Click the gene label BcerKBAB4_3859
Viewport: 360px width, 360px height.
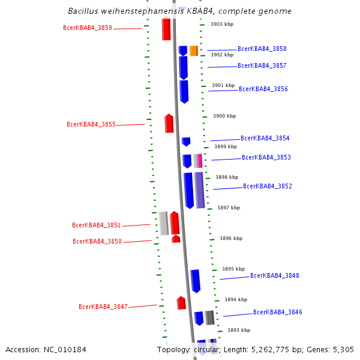[87, 28]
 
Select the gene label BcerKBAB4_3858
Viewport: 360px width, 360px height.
[262, 49]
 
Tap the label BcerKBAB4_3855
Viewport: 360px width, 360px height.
[91, 124]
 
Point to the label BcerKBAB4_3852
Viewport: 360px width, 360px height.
[267, 186]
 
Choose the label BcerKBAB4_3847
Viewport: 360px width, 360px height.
[103, 307]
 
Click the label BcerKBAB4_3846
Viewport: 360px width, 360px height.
[277, 312]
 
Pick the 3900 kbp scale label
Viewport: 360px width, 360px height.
[224, 116]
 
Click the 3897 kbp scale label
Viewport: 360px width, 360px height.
[229, 208]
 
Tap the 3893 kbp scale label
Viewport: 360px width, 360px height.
[238, 330]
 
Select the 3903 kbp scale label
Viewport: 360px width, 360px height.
[222, 24]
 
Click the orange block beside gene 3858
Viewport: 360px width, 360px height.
[193, 50]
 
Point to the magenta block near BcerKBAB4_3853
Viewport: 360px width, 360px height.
[200, 160]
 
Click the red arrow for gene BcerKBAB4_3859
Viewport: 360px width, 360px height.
[166, 29]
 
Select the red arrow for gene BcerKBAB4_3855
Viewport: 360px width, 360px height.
[169, 123]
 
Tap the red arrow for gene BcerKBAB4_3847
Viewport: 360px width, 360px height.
[181, 303]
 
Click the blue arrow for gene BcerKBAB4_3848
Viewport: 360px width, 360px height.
[195, 280]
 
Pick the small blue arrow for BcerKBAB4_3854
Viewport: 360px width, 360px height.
[186, 142]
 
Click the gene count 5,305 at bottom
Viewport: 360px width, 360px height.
[343, 349]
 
